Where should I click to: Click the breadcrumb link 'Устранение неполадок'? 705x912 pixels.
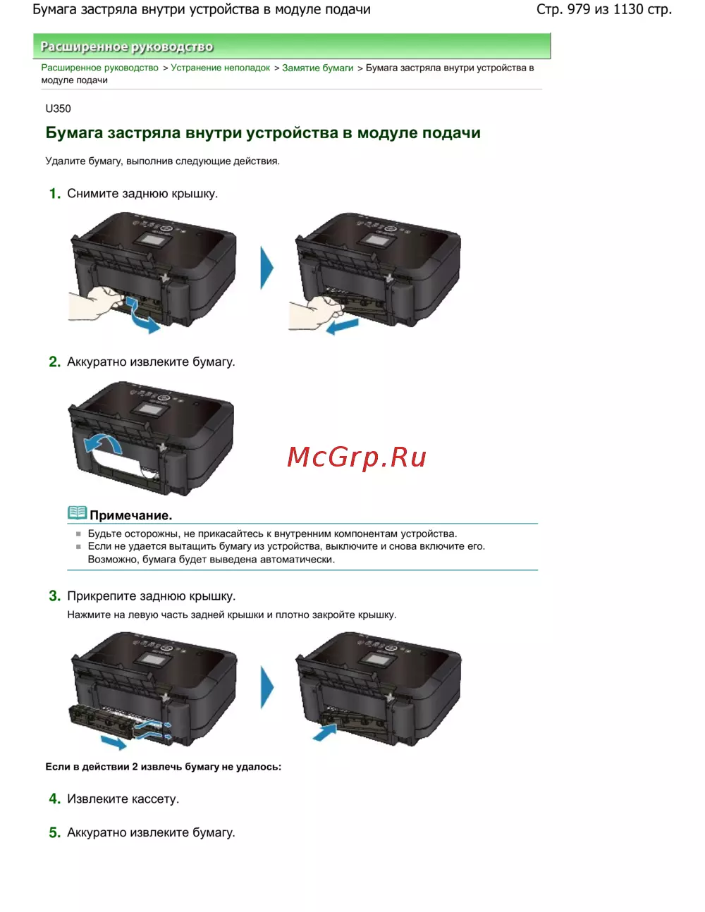coord(220,68)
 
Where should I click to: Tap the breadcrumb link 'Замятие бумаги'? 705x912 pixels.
coord(318,68)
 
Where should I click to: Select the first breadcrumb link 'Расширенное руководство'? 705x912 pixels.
coord(100,68)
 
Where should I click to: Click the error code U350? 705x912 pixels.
coord(58,109)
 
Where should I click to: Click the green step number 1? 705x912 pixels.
coord(54,194)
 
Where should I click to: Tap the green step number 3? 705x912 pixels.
coord(54,596)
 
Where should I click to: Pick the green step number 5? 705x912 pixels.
coord(54,832)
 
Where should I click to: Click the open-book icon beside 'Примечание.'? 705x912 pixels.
coord(78,513)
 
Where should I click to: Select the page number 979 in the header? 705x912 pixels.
coord(579,9)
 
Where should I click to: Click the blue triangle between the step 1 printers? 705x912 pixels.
coord(267,268)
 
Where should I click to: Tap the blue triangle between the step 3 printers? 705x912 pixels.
coord(267,687)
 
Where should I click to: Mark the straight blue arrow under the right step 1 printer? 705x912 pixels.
coord(343,326)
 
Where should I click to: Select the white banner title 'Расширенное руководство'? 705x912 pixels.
coord(127,47)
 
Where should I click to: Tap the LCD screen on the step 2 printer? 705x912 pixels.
coord(149,409)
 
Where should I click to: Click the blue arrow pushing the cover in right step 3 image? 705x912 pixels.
coord(325,732)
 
